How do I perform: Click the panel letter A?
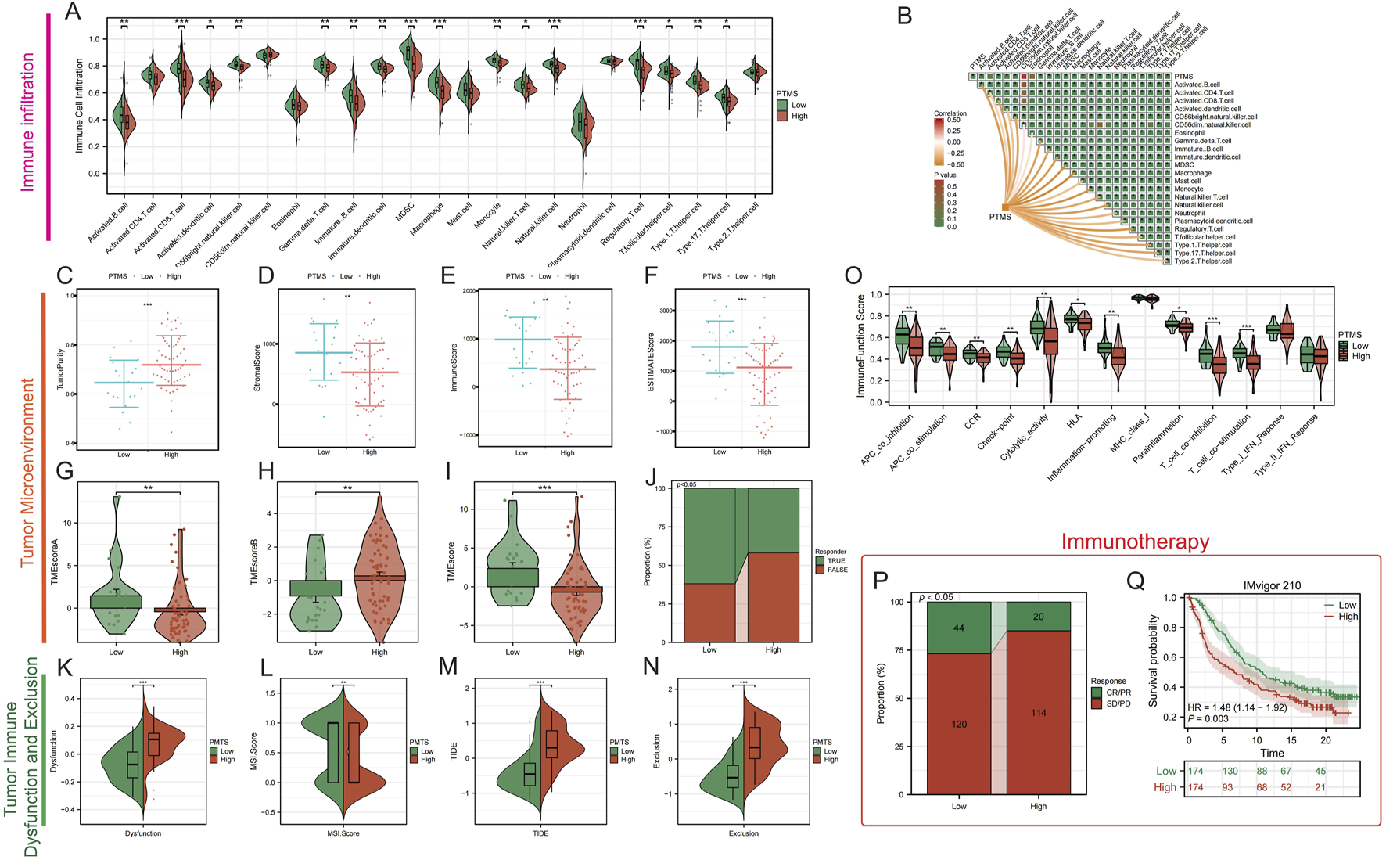click(x=72, y=12)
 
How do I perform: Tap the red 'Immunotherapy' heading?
click(x=1135, y=542)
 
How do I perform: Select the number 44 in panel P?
click(x=959, y=628)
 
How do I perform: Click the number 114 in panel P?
click(x=1038, y=713)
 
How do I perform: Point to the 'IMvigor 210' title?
click(x=1272, y=585)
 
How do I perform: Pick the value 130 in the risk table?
click(x=1230, y=771)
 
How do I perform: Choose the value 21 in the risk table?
click(x=1320, y=787)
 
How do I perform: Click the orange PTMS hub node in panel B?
click(x=1005, y=207)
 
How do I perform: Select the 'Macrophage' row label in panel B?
click(x=1192, y=173)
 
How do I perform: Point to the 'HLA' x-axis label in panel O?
click(x=1075, y=420)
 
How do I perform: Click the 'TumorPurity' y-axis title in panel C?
click(x=59, y=369)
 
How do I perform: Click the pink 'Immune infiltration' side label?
click(x=28, y=121)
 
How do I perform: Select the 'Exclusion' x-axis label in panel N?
click(x=743, y=833)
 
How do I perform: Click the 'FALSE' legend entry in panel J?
click(x=837, y=570)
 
